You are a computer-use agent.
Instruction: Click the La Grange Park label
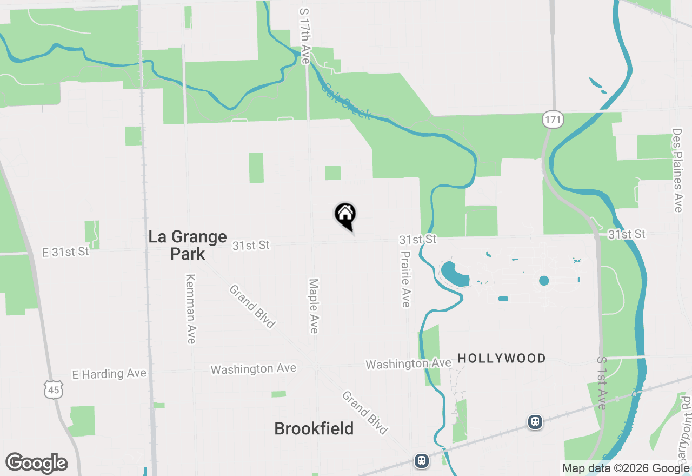coord(188,245)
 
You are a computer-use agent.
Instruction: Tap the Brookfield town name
coord(314,428)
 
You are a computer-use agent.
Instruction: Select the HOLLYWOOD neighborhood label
coord(501,358)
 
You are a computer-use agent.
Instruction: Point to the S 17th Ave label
coord(305,36)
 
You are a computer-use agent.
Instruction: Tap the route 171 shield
coord(553,120)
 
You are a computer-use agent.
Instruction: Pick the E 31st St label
coord(65,252)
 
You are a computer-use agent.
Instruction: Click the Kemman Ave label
coord(190,309)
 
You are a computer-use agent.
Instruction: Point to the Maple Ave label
coord(314,306)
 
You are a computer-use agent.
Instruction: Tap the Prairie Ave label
coord(405,279)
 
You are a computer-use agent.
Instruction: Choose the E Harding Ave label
coord(109,374)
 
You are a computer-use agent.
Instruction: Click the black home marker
coord(345,214)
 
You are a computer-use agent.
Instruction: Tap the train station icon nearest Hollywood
coord(535,421)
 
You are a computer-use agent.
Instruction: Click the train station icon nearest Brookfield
coord(422,460)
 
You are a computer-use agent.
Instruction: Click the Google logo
coord(37,463)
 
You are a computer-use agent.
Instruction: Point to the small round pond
coord(544,280)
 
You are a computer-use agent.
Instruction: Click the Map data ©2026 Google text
coord(626,468)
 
